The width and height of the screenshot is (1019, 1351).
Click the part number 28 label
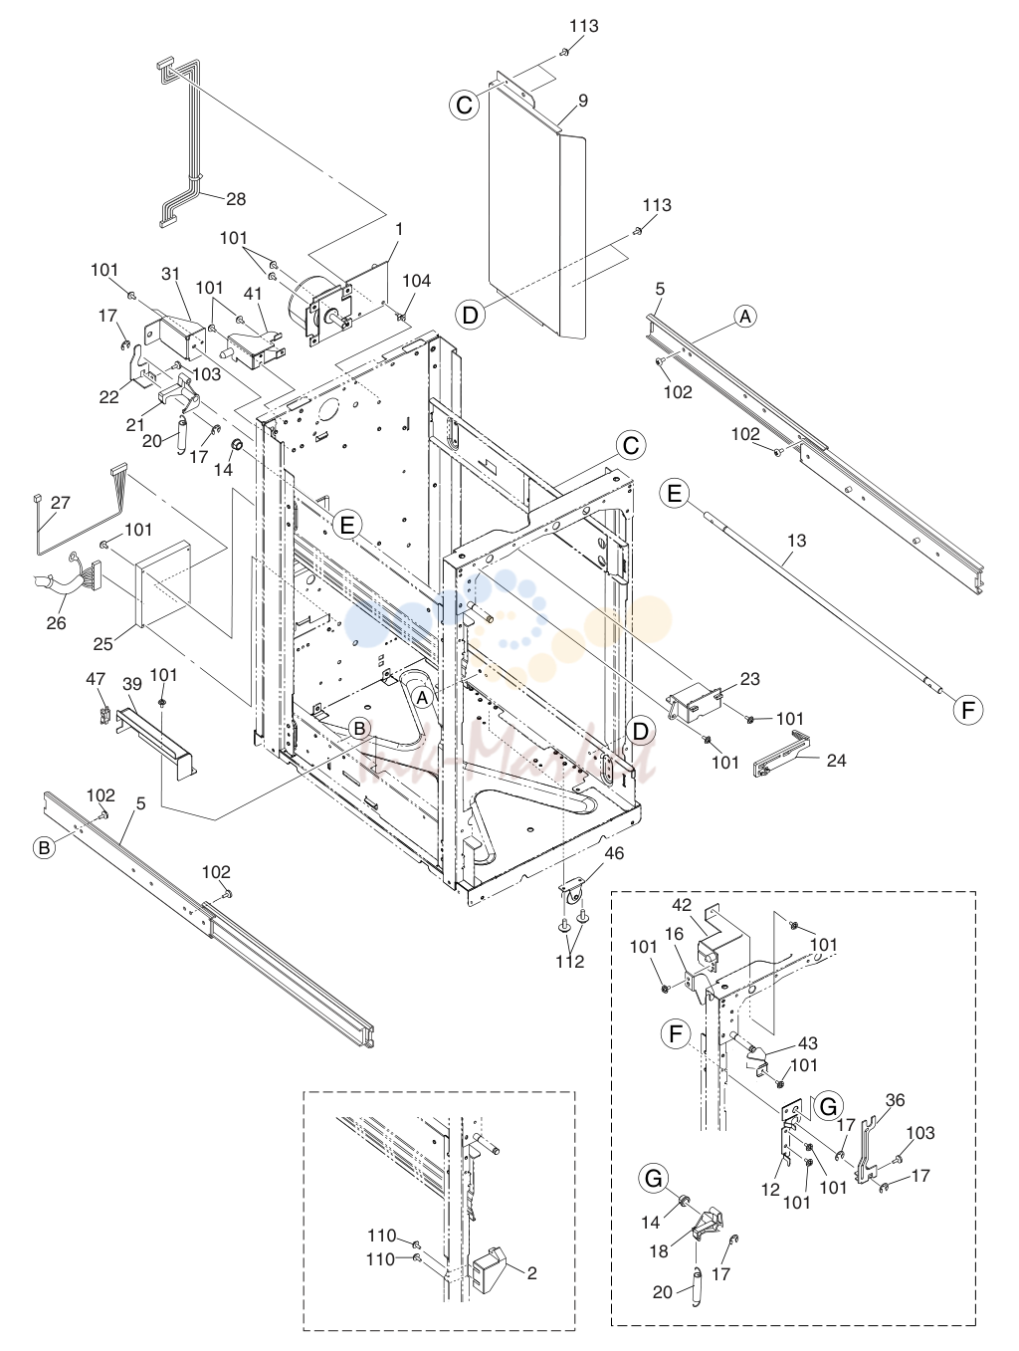click(x=236, y=199)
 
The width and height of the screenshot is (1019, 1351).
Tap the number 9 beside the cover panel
click(x=582, y=101)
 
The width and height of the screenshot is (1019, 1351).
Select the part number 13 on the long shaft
click(x=796, y=541)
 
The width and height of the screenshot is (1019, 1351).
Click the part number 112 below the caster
click(x=570, y=961)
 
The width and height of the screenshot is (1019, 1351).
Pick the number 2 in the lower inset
click(x=532, y=1272)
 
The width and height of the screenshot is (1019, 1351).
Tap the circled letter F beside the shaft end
click(x=968, y=710)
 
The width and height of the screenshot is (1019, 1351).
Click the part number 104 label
click(x=416, y=281)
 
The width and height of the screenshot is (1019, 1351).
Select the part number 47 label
click(x=96, y=679)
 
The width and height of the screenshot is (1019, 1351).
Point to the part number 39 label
click(x=132, y=684)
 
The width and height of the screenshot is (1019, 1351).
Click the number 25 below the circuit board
click(x=102, y=644)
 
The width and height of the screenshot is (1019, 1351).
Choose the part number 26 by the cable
click(x=56, y=623)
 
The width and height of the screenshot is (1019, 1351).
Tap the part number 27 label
click(x=61, y=503)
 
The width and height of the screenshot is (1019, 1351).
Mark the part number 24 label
click(x=836, y=761)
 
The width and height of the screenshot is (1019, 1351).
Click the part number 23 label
click(x=750, y=679)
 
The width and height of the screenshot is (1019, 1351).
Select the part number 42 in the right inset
click(x=682, y=905)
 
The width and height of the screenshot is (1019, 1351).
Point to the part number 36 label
click(x=896, y=1100)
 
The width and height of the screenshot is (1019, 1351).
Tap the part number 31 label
click(x=171, y=274)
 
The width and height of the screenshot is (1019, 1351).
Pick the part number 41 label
click(x=253, y=295)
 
